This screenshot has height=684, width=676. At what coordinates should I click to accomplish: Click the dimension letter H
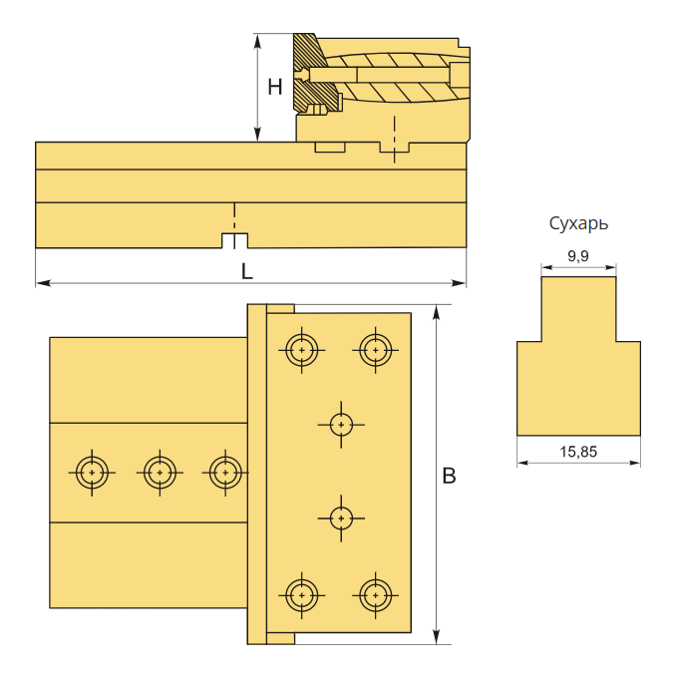[x=275, y=87]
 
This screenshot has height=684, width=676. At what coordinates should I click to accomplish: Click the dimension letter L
[x=247, y=272]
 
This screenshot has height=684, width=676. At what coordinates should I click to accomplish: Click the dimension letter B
[x=449, y=476]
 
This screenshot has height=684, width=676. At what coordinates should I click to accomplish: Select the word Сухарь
[x=578, y=223]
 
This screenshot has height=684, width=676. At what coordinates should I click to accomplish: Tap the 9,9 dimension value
[x=578, y=256]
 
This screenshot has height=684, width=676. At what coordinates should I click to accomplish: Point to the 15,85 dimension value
[x=578, y=452]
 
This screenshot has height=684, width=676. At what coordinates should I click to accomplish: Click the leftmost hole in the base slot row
[x=92, y=473]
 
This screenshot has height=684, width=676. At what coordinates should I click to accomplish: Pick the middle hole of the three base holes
[x=160, y=473]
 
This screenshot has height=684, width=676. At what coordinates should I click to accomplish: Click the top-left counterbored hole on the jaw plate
[x=301, y=350]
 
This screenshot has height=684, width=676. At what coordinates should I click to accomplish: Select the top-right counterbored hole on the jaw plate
[x=375, y=350]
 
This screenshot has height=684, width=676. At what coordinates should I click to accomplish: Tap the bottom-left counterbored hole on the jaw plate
[x=301, y=595]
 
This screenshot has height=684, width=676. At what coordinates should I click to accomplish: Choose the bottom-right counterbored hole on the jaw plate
[x=375, y=595]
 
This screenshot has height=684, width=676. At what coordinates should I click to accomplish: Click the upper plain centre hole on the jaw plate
[x=341, y=425]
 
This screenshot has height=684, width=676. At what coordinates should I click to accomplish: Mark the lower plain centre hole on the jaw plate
[x=341, y=518]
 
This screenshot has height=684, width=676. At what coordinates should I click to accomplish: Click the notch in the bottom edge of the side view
[x=235, y=241]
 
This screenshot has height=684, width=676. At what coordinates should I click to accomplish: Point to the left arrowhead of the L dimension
[x=43, y=283]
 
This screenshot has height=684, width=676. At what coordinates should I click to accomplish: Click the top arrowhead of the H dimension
[x=258, y=41]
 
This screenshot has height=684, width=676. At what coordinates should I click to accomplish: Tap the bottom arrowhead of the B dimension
[x=436, y=636]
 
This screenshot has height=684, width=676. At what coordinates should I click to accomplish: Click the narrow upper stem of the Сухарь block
[x=578, y=309]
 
